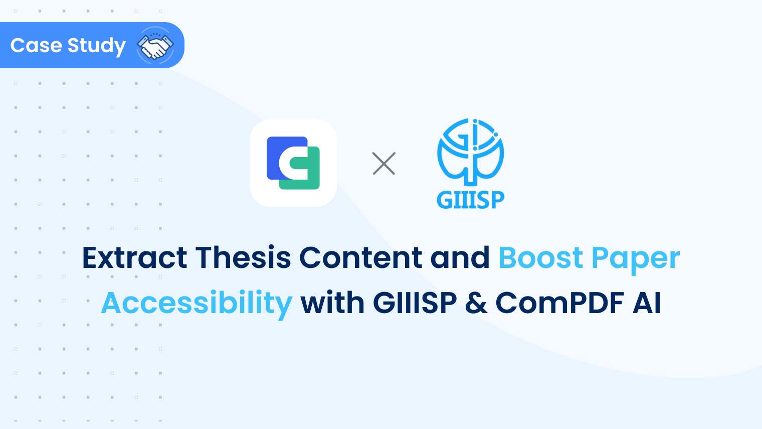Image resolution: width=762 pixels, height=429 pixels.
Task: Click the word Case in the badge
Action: (x=36, y=46)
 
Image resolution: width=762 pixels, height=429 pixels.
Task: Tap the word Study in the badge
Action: (x=96, y=46)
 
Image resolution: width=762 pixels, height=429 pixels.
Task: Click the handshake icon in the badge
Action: (x=155, y=46)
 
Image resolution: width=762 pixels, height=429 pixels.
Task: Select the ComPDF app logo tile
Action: (x=293, y=163)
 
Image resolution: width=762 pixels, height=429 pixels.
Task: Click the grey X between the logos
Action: (x=384, y=164)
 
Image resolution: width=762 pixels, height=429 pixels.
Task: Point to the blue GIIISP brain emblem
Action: (x=470, y=151)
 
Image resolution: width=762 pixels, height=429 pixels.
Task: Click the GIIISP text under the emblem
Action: (x=470, y=200)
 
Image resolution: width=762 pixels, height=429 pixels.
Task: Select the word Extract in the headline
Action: (x=134, y=258)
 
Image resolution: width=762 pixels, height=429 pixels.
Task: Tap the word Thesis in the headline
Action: (x=243, y=258)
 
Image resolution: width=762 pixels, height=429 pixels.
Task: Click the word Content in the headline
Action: (x=361, y=258)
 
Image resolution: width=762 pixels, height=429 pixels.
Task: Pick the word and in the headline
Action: (x=460, y=258)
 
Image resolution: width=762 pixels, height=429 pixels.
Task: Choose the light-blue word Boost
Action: (x=540, y=258)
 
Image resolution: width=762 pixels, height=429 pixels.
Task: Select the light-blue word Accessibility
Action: (x=197, y=304)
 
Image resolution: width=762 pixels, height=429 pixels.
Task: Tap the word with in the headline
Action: (x=332, y=303)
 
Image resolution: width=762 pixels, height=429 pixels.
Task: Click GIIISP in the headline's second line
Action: (x=415, y=303)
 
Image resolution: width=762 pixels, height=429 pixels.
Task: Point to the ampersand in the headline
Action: (x=476, y=303)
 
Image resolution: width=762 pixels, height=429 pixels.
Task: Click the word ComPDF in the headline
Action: (x=559, y=303)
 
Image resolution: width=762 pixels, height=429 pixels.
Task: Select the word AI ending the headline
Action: (x=647, y=303)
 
